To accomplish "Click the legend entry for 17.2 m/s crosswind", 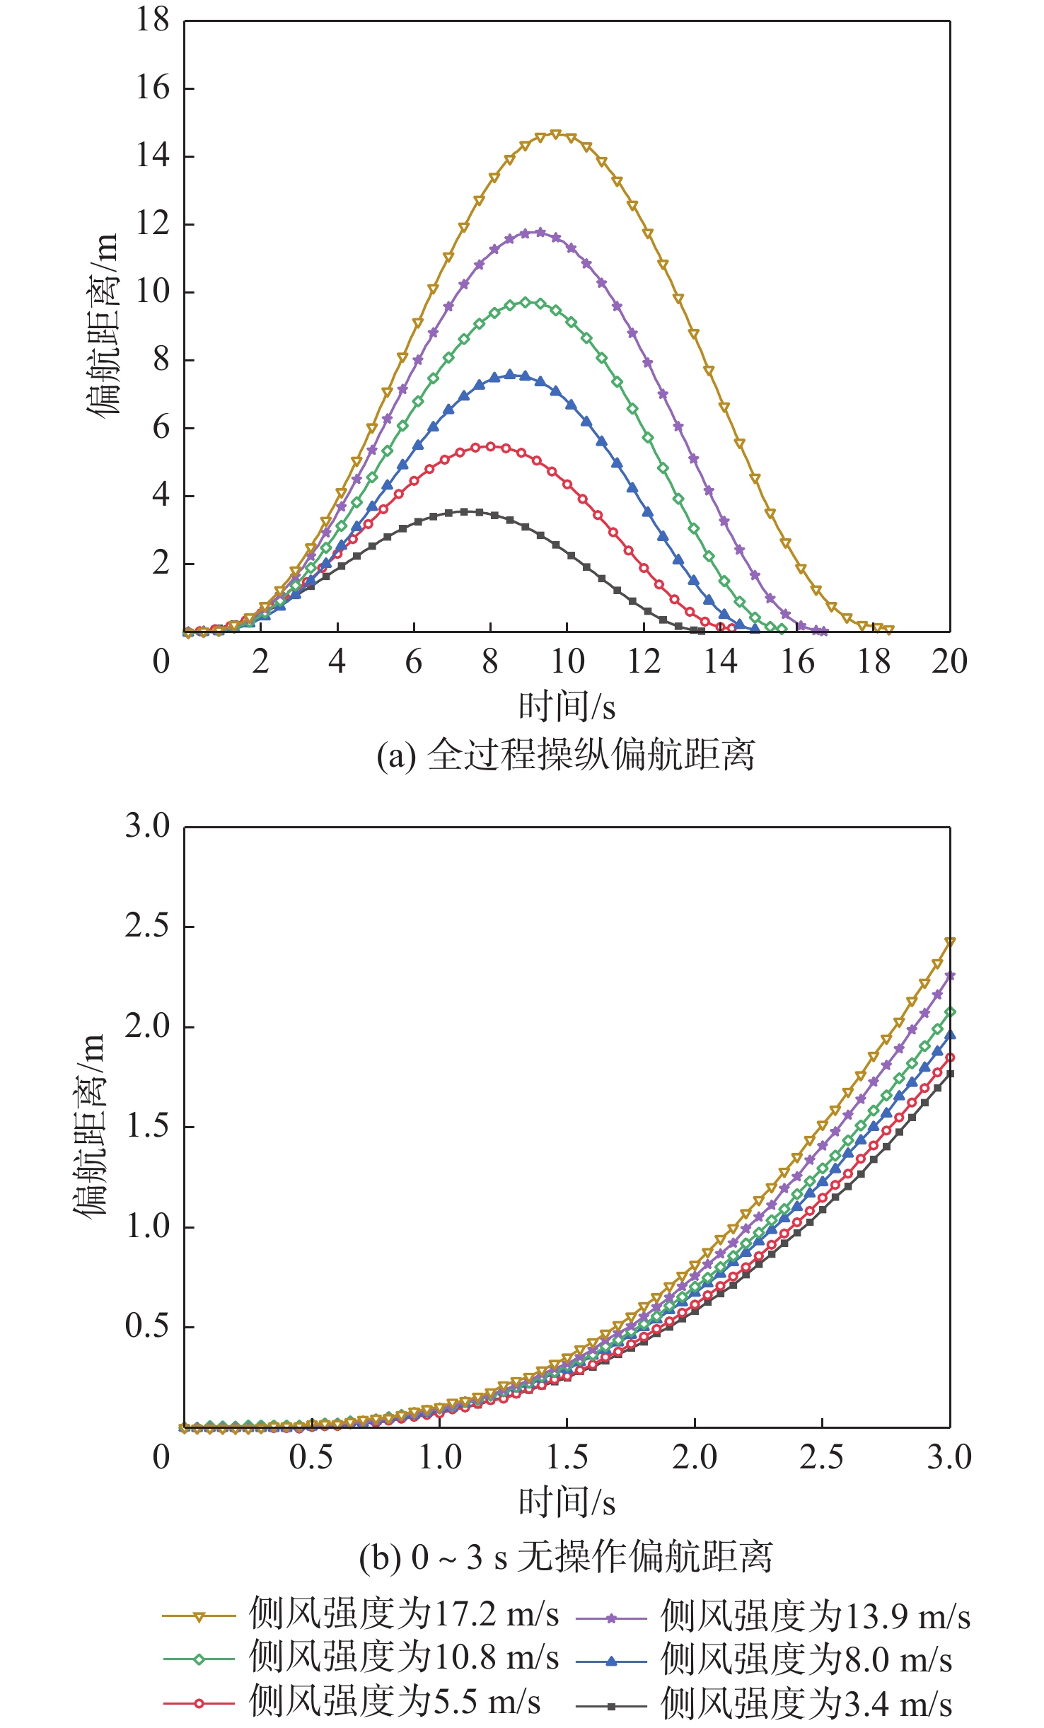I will click(x=361, y=1615).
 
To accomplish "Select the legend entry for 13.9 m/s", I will click(x=773, y=1616).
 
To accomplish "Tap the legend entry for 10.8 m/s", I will click(x=361, y=1658).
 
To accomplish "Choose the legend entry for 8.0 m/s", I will click(x=764, y=1659).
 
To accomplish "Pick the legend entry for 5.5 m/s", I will click(x=352, y=1702).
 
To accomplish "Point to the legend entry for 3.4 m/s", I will click(x=764, y=1703).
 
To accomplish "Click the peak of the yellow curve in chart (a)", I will click(x=555, y=134).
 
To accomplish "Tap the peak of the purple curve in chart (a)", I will click(x=540, y=232).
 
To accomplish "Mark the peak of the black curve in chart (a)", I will click(x=464, y=511).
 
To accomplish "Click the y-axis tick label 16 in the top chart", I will click(x=153, y=88).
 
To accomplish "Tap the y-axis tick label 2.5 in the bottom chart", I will click(x=147, y=926).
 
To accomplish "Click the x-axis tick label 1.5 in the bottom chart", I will click(x=567, y=1457).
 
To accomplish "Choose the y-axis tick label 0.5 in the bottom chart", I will click(x=147, y=1326).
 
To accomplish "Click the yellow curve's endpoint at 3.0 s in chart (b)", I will click(x=950, y=942).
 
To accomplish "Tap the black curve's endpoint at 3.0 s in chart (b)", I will click(x=950, y=1073).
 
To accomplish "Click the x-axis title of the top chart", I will click(x=567, y=706).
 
